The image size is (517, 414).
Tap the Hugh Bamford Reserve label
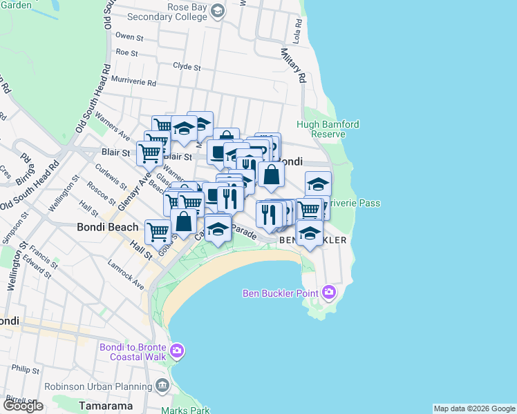tap(328, 129)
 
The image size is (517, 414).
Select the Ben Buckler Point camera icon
tap(328, 293)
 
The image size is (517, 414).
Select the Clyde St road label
tap(187, 68)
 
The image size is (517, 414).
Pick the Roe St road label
tap(126, 52)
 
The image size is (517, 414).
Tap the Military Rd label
tap(292, 66)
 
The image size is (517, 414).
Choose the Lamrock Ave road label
tap(126, 274)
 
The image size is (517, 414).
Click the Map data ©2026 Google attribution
tap(473, 408)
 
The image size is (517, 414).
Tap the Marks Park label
tap(185, 411)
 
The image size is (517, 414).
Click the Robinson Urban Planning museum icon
tap(162, 384)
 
